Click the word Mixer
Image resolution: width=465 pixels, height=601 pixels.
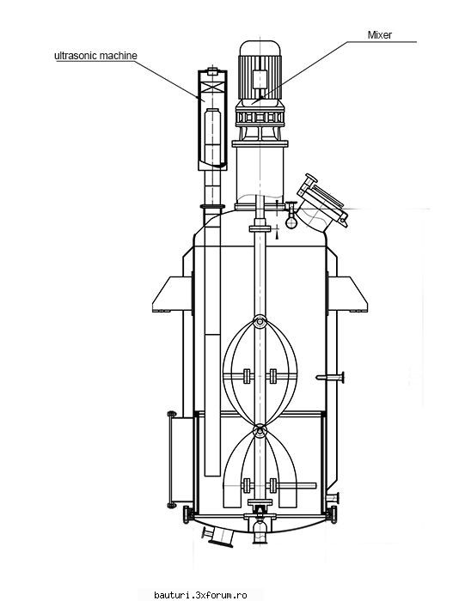click(380, 35)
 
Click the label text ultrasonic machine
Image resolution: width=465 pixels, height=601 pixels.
click(95, 56)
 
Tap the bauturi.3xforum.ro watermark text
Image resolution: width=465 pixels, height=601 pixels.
click(200, 595)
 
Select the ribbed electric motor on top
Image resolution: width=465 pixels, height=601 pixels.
click(260, 70)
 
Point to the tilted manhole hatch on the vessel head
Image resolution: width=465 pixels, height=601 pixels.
click(321, 203)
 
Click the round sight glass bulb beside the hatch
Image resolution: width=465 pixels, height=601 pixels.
click(291, 222)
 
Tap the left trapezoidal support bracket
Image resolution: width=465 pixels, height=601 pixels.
click(172, 294)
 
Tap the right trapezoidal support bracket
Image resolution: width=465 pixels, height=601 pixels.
click(348, 294)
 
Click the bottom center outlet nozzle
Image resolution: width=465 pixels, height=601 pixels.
click(260, 531)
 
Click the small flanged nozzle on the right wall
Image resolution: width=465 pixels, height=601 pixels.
click(330, 378)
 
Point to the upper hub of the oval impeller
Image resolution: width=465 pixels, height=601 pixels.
click(260, 322)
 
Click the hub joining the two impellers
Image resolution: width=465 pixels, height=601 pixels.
click(260, 430)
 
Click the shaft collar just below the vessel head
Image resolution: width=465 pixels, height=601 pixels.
click(260, 229)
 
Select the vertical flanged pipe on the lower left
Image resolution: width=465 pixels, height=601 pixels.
click(172, 459)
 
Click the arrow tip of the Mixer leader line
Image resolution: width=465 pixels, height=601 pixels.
click(252, 104)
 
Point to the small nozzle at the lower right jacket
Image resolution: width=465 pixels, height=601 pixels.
click(333, 498)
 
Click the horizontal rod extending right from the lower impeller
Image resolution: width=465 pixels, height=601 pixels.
click(297, 486)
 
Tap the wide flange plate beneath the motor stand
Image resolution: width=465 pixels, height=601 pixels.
click(260, 143)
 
